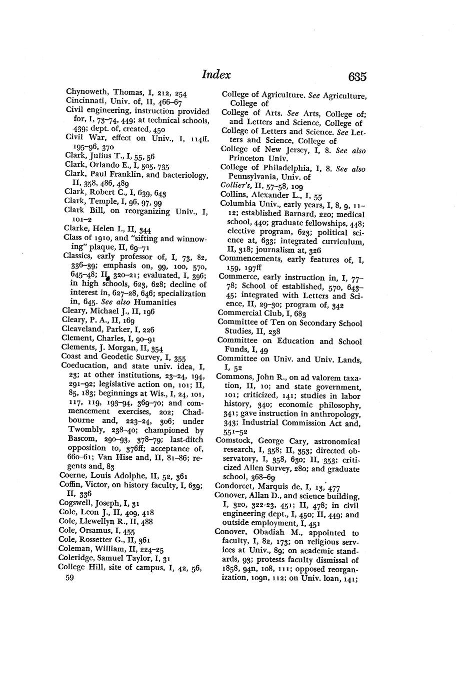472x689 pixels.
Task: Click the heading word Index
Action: coord(216,75)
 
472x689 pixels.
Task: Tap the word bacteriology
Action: coord(183,174)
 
